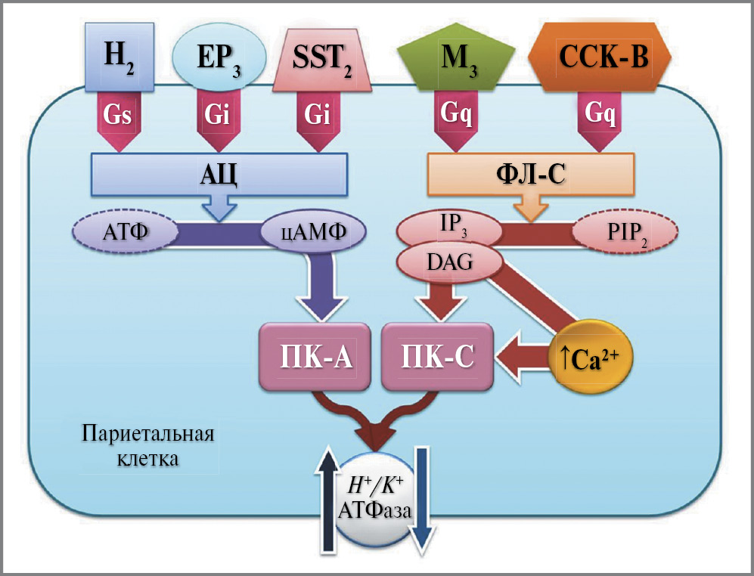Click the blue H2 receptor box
(120, 56)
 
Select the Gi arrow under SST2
(317, 117)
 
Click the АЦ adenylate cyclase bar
(219, 173)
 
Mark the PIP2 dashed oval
(622, 234)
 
